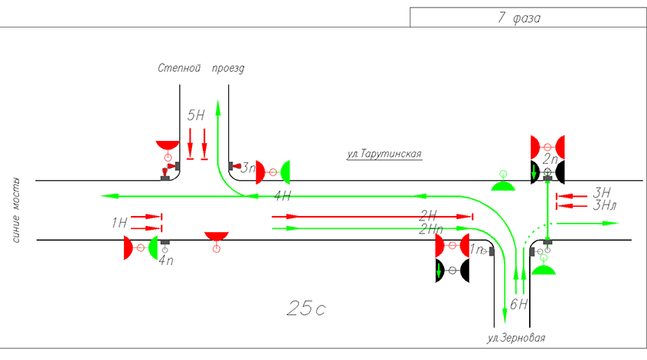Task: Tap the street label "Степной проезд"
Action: [x=201, y=68]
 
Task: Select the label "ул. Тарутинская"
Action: [x=384, y=153]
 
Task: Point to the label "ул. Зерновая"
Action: [x=516, y=338]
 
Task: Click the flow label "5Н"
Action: [x=196, y=116]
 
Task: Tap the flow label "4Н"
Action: [x=283, y=196]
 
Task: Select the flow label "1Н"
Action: [x=119, y=223]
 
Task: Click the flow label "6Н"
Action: [x=518, y=304]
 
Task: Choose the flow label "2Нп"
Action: [x=432, y=228]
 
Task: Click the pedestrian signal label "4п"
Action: [x=165, y=260]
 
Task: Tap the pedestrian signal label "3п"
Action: [x=247, y=166]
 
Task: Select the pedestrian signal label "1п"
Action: [x=477, y=250]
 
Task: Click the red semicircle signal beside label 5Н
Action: [x=166, y=146]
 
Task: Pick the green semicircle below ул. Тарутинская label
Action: [x=502, y=186]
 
